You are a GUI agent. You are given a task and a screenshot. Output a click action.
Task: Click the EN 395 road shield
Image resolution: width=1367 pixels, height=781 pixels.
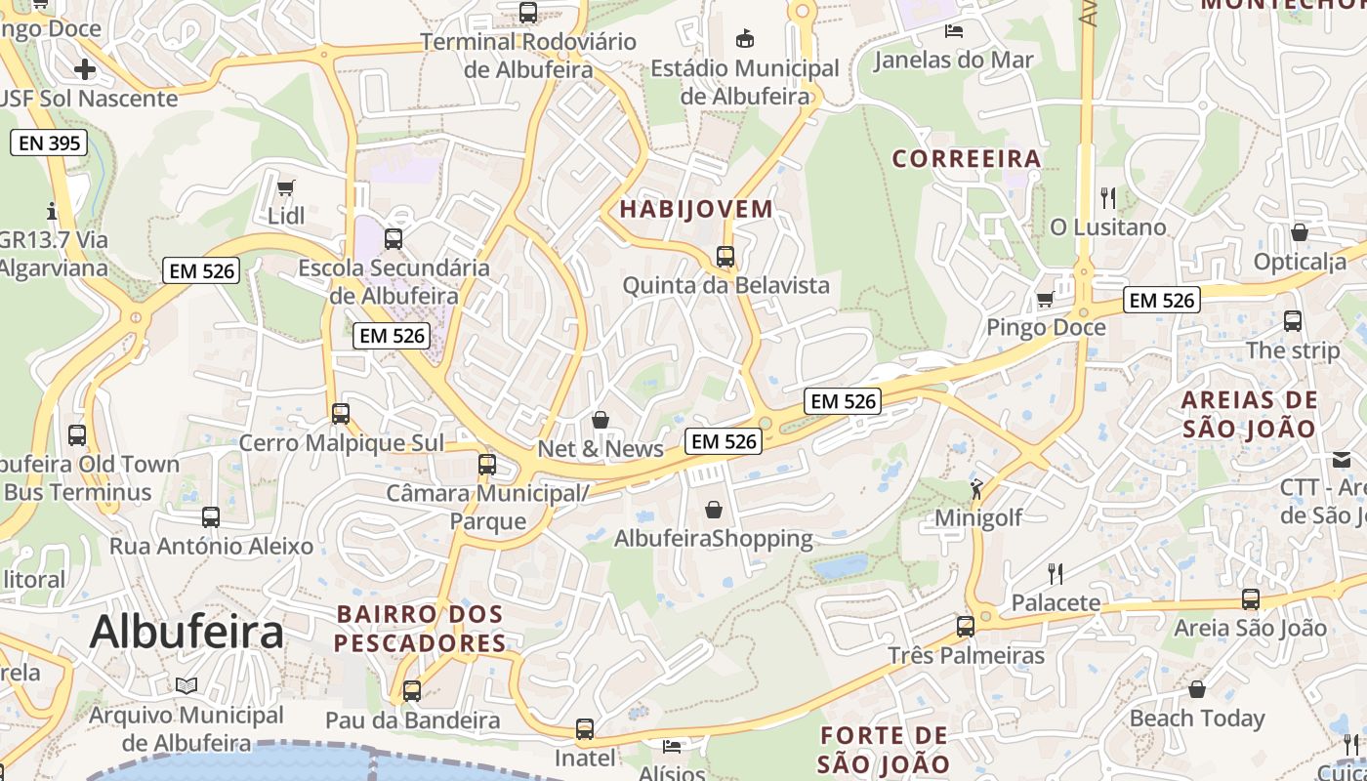[x=50, y=144]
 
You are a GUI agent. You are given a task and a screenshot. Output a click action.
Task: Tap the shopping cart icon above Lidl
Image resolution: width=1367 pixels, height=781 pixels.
[x=286, y=187]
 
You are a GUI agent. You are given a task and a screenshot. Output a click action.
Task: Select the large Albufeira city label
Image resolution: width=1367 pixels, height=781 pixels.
[x=186, y=633]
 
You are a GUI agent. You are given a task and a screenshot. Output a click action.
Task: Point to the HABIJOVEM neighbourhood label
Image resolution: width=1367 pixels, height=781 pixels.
[x=696, y=209]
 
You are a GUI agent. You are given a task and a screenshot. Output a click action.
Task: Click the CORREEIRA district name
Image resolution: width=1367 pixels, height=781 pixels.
[x=967, y=158]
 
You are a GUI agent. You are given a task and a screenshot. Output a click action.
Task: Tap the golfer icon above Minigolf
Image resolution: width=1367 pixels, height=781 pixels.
[x=976, y=489]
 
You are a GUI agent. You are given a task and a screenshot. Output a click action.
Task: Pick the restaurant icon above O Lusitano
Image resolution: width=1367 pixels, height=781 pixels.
[x=1107, y=198]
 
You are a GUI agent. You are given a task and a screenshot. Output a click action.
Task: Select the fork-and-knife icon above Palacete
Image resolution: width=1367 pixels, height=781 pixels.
[x=1056, y=573]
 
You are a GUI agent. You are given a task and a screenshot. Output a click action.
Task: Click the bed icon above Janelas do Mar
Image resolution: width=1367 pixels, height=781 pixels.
[x=954, y=31]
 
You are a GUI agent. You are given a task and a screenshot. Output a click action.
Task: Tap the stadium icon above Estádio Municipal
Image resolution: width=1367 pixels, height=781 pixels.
[x=745, y=39]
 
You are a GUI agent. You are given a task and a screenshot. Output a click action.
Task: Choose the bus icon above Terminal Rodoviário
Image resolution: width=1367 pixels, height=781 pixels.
[x=528, y=13]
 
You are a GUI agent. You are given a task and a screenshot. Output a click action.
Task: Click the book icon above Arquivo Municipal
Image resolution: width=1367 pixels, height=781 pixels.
[x=186, y=686]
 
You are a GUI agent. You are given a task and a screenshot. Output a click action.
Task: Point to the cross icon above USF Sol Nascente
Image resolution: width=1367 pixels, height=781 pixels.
[x=85, y=69]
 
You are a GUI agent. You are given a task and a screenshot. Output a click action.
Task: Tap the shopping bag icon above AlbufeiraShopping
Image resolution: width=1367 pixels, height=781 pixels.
[x=714, y=510]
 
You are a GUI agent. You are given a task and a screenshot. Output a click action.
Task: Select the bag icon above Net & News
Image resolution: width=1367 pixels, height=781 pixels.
[x=601, y=420]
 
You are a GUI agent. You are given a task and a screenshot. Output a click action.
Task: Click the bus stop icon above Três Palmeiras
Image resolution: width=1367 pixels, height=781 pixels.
[x=966, y=627]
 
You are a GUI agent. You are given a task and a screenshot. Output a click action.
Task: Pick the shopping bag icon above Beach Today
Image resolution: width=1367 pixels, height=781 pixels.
[x=1197, y=690]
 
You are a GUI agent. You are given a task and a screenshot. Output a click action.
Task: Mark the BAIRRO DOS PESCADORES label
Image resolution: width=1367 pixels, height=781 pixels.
[x=420, y=629]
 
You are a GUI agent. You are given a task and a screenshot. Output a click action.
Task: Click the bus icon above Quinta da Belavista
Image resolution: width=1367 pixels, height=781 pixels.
[x=725, y=257]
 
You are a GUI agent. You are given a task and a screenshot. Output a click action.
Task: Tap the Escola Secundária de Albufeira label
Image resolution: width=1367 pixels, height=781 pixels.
[x=394, y=281]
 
